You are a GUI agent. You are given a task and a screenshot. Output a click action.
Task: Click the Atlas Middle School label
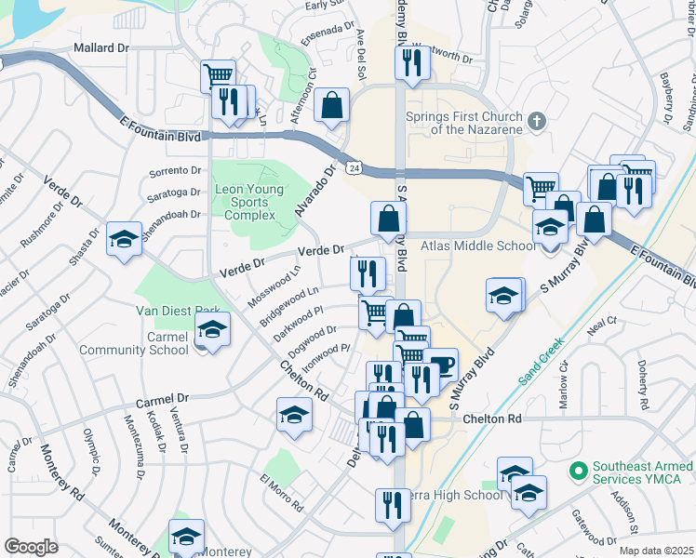pyautogui.click(x=478, y=246)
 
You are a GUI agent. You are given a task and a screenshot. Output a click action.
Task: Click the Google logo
pyautogui.click(x=31, y=547)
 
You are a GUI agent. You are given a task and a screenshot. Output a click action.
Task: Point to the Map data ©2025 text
pyautogui.click(x=655, y=551)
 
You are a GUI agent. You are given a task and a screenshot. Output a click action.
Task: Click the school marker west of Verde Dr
pyautogui.click(x=124, y=239)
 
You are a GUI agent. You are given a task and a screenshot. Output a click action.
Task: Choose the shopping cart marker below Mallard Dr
pyautogui.click(x=218, y=74)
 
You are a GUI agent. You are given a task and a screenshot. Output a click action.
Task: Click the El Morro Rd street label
pyautogui.click(x=282, y=494)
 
